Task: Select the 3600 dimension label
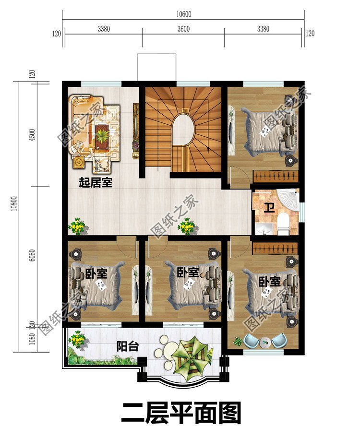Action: pos(183,29)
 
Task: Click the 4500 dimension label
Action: pos(32,135)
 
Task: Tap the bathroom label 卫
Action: pos(270,208)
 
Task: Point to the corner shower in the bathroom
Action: pos(288,197)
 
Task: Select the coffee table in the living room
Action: pos(102,134)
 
